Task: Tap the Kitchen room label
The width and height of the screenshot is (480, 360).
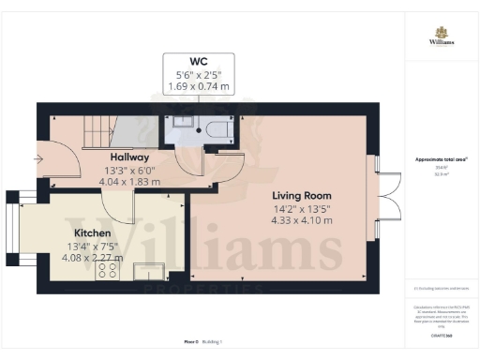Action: click(94, 232)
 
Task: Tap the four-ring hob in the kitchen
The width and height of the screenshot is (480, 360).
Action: click(107, 270)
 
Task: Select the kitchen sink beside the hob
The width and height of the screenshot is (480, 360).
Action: click(147, 272)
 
